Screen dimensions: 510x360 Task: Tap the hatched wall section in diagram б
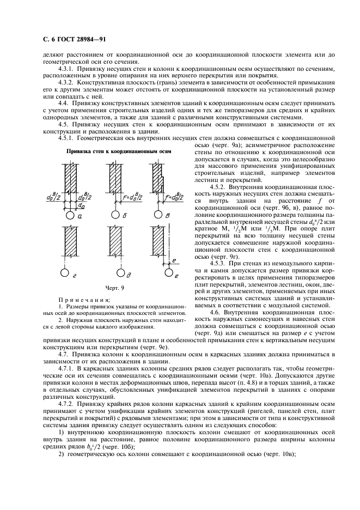point(115,180)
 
